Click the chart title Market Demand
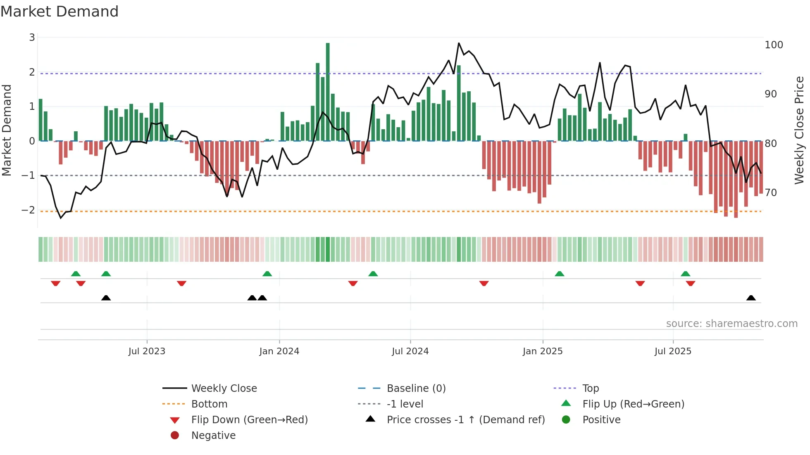click(x=60, y=12)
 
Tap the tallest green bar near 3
click(x=328, y=92)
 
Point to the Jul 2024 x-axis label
click(x=410, y=351)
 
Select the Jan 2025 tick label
click(x=542, y=351)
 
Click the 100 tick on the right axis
click(x=774, y=45)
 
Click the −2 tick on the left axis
click(x=29, y=210)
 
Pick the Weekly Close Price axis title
click(x=799, y=130)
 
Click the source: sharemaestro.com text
click(x=731, y=324)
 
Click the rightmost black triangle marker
click(x=751, y=298)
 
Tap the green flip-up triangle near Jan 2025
click(x=559, y=274)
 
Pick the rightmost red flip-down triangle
click(x=690, y=283)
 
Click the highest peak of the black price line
click(x=459, y=43)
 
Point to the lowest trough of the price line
click(x=61, y=218)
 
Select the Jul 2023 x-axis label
click(x=147, y=351)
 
